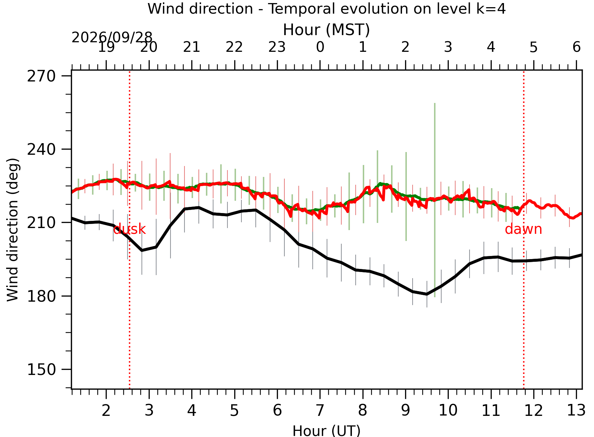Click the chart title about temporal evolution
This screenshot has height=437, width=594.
[x=326, y=9]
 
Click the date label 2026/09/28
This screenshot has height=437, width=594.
[x=112, y=37]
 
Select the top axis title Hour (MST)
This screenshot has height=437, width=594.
[x=326, y=30]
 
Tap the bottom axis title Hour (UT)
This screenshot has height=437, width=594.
[x=326, y=431]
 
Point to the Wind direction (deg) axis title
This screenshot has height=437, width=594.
[x=13, y=229]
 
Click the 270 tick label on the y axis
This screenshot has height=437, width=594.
[x=41, y=76]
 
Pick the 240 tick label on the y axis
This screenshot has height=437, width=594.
[x=41, y=149]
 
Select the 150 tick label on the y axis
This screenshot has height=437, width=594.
[x=41, y=370]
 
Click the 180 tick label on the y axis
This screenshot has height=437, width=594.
[x=41, y=296]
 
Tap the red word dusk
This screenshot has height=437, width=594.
[x=129, y=229]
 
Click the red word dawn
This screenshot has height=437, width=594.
[x=523, y=229]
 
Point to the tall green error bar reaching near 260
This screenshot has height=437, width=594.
[x=435, y=200]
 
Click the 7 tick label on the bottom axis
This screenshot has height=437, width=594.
[x=320, y=410]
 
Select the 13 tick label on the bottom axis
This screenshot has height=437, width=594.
[x=576, y=410]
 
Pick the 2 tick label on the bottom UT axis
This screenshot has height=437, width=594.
[x=106, y=410]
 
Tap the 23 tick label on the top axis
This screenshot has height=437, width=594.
[x=277, y=47]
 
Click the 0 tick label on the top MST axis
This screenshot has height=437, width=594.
[x=320, y=47]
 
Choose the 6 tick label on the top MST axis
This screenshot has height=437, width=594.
[x=576, y=47]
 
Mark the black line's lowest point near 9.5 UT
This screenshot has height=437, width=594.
[x=427, y=294]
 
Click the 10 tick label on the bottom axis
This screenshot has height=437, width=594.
[x=448, y=410]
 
